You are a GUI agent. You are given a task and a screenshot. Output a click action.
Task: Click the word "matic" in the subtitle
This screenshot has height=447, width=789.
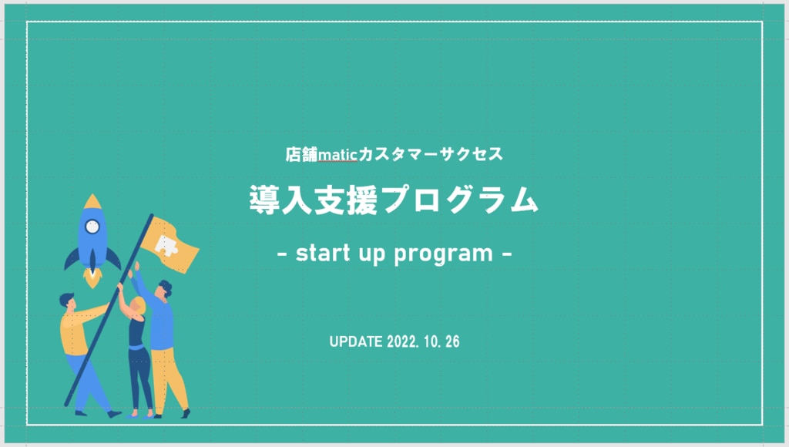337,154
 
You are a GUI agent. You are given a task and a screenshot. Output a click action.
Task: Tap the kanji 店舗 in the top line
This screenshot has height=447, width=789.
301,154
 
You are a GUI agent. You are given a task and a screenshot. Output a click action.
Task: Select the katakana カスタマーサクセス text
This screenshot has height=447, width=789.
430,154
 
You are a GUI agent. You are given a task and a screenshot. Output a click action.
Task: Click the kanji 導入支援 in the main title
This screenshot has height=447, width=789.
314,200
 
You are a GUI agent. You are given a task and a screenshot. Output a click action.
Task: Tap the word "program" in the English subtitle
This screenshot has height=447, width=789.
443,254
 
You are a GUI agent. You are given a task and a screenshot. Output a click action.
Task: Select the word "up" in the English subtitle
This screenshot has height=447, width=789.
372,254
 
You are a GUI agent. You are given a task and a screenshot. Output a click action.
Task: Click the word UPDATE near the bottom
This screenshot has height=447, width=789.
356,341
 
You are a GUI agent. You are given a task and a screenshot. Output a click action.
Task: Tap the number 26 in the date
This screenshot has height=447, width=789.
452,341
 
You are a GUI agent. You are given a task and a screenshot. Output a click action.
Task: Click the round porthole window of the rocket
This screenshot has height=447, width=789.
92,227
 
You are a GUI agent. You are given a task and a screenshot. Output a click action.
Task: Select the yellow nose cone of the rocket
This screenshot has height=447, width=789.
92,201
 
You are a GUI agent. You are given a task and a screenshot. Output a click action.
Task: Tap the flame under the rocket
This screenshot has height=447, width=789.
92,278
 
